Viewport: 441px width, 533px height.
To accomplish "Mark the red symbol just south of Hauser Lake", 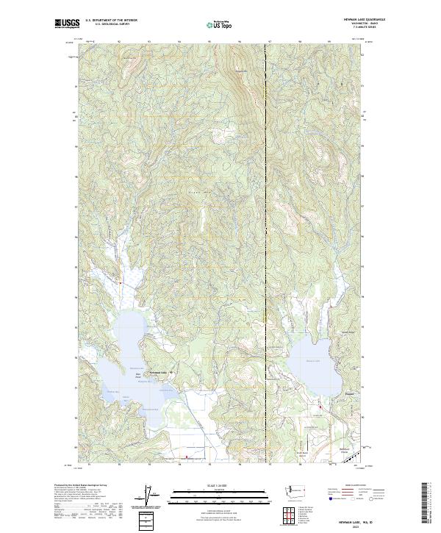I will [320, 407].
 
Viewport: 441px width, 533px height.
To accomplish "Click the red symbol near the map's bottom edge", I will [187, 457].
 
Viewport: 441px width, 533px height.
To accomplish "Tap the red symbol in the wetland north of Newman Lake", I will [121, 280].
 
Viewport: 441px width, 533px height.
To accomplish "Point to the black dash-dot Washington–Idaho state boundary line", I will [265, 221].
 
